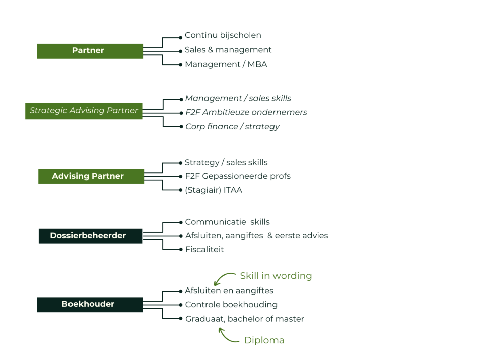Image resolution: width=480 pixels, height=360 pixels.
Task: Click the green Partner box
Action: coord(90,51)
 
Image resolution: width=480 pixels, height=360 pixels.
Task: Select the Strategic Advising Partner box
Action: coord(84,111)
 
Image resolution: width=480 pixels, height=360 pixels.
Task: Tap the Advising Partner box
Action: coord(91,176)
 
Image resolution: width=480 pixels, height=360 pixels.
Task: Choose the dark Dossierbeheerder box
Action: coord(90,236)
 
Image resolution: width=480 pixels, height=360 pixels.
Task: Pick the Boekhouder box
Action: coord(90,304)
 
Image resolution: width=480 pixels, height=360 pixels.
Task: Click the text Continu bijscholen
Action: coord(223,36)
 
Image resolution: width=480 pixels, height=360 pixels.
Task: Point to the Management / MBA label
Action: coord(226,65)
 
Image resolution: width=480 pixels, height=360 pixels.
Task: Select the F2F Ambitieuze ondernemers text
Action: coord(246,113)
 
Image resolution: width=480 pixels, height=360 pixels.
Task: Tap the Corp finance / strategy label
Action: coord(232,127)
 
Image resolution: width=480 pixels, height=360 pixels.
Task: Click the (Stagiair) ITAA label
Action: coord(214,191)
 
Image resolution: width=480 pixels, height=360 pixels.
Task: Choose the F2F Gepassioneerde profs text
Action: coord(237,176)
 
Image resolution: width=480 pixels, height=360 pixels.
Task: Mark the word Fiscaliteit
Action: coord(204,250)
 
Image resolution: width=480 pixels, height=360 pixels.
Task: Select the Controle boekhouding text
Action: coord(231,305)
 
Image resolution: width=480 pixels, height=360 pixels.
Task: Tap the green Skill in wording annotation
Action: coord(276,276)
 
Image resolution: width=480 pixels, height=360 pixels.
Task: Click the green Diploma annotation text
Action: coord(264,341)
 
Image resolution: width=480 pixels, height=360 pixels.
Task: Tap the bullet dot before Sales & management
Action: coord(180,51)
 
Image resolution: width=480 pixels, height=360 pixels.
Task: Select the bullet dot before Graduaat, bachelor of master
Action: coord(180,319)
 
